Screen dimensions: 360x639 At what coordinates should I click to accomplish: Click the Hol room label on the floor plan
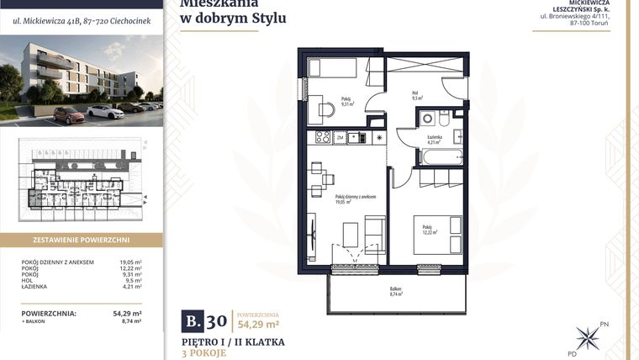click(x=415, y=95)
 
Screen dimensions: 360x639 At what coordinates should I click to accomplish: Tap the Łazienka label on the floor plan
click(x=434, y=140)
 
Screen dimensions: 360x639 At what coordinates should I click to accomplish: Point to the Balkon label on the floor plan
click(x=396, y=292)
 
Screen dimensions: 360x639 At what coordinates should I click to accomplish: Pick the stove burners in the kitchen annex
click(x=321, y=137)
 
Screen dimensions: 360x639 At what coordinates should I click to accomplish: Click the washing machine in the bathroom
click(x=426, y=119)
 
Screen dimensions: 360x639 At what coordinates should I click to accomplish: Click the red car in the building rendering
click(x=66, y=113)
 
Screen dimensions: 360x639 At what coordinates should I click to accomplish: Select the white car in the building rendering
click(x=104, y=110)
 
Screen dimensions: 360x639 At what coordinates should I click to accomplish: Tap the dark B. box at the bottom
click(x=193, y=320)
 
